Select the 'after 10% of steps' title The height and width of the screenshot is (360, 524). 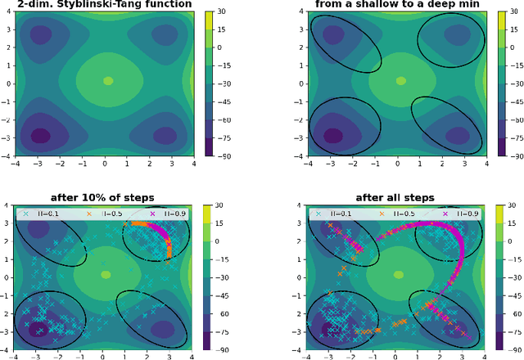point(103,198)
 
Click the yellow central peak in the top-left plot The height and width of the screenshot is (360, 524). point(108,80)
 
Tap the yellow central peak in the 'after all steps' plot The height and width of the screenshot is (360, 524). point(400,274)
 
